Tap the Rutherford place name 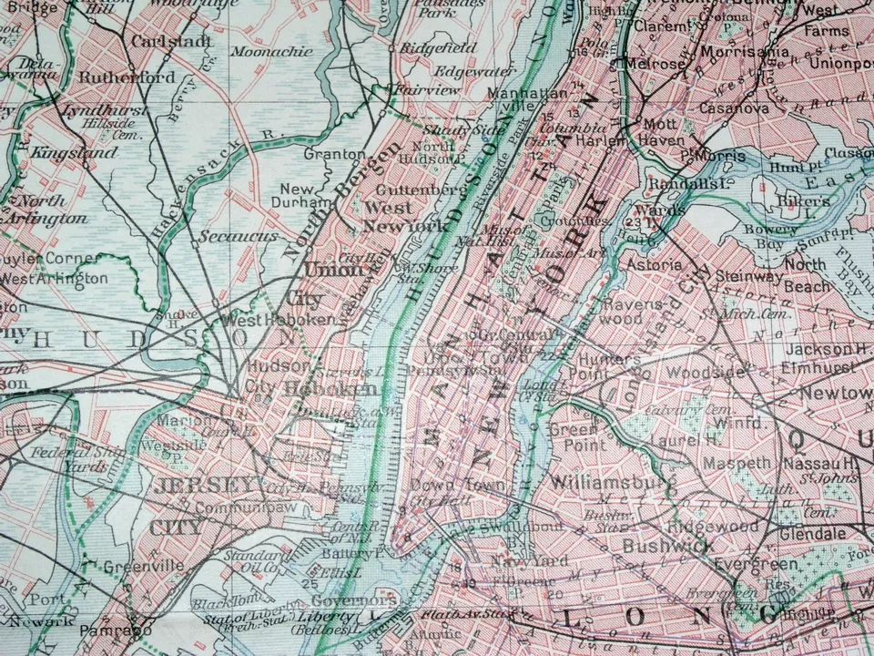tap(127, 77)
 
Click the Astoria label tap(655, 264)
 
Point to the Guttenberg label tap(420, 189)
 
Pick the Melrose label tap(654, 64)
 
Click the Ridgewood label tap(712, 527)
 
